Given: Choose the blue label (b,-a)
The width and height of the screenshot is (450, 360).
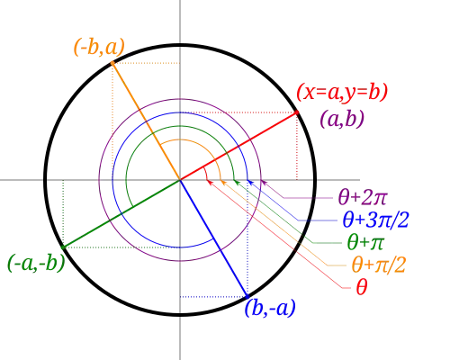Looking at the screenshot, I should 270,309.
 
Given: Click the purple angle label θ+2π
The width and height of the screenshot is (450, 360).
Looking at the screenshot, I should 357,197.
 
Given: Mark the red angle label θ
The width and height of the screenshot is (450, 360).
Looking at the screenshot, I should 360,288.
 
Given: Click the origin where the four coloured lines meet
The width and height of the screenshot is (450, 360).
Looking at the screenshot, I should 181,179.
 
